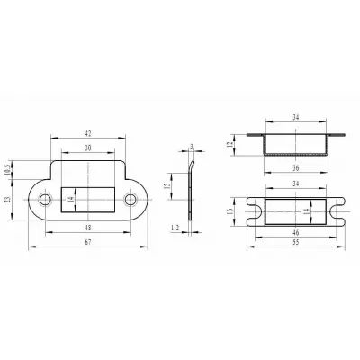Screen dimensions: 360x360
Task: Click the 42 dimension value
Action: tap(88, 134)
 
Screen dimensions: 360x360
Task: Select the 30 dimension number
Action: tap(88, 148)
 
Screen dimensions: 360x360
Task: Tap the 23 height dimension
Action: tap(8, 199)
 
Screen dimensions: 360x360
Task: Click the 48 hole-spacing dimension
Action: tap(88, 228)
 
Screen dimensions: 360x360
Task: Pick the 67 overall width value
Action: tap(87, 242)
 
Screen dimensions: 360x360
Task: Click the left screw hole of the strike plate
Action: tap(45, 200)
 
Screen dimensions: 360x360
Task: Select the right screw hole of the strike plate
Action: tap(130, 200)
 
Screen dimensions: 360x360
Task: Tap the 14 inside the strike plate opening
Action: tap(71, 200)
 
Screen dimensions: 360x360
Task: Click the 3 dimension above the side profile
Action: tap(191, 147)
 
